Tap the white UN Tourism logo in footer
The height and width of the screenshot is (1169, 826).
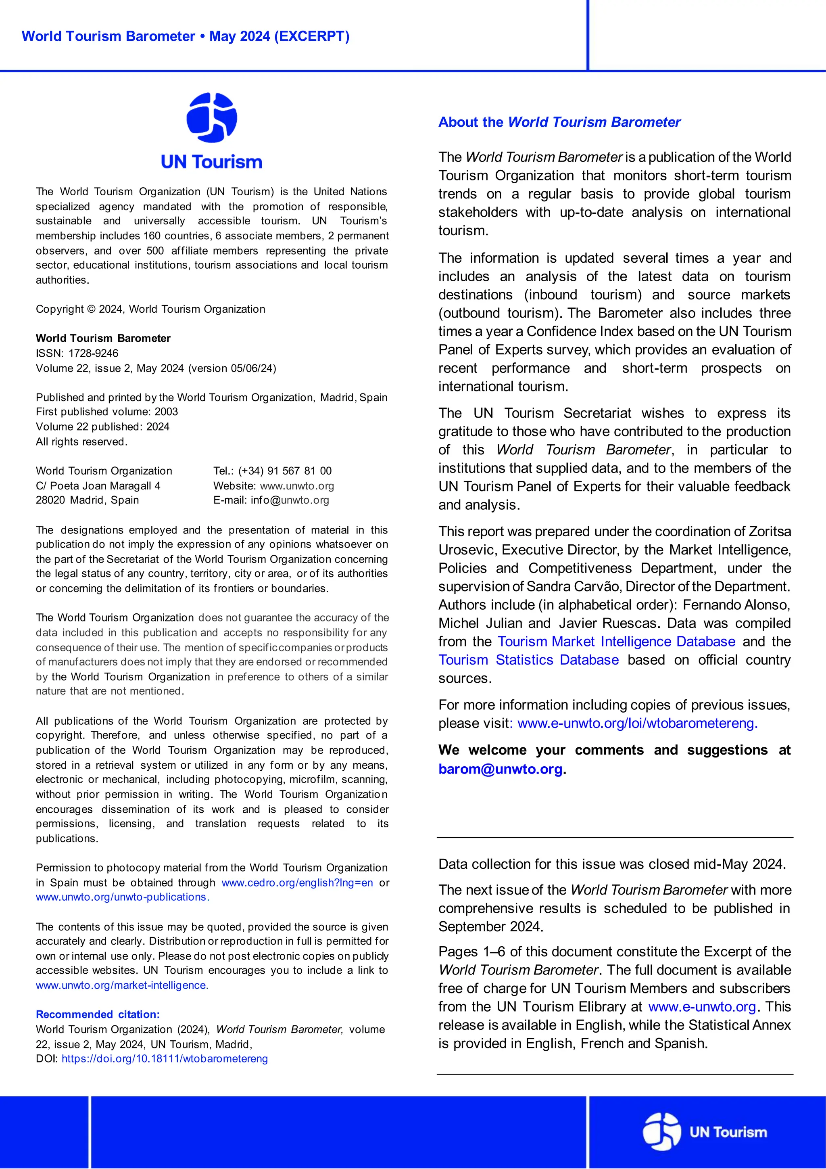tap(705, 1132)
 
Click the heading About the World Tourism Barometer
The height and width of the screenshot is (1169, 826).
tap(559, 122)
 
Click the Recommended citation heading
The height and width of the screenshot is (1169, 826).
tap(98, 1014)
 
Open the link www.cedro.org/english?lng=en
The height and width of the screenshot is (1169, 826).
tap(297, 883)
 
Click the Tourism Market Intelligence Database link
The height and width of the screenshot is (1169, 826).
tap(616, 642)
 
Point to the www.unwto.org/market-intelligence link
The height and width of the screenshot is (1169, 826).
tap(121, 985)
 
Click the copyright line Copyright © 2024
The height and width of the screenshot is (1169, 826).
tap(150, 309)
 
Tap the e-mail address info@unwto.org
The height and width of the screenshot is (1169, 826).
tap(290, 500)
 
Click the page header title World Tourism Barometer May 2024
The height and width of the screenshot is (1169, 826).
tap(185, 37)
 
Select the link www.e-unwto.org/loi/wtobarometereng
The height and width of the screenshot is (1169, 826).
tap(637, 723)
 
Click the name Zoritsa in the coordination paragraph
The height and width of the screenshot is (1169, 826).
tap(770, 531)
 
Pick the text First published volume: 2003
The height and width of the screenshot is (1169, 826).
tap(107, 412)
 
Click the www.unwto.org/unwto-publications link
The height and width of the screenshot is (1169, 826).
tap(122, 897)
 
